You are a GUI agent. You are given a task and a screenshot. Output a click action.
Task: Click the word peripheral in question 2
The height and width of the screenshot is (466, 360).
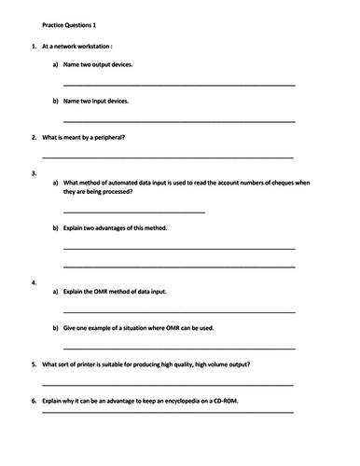(x=106, y=137)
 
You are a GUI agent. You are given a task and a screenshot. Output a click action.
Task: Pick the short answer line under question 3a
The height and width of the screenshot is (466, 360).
(x=133, y=212)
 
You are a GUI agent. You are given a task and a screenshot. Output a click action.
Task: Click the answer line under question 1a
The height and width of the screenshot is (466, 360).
(x=179, y=85)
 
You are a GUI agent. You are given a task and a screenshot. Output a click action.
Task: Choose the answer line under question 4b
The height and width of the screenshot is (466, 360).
(x=179, y=347)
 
